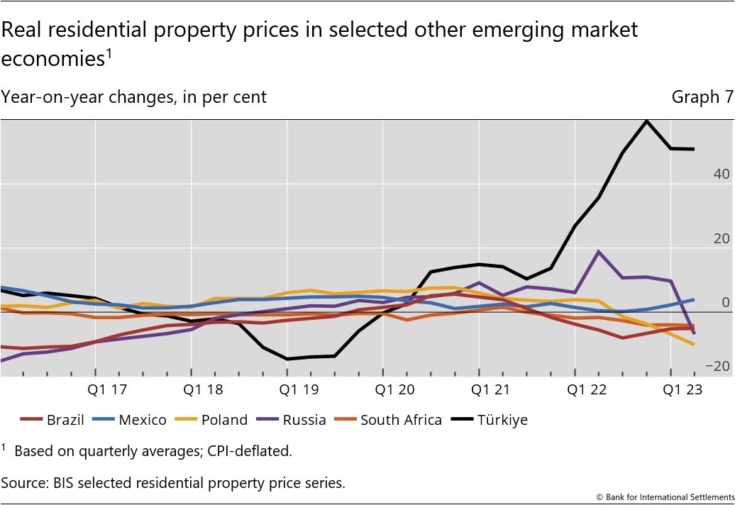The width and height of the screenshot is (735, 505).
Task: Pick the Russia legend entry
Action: click(x=294, y=420)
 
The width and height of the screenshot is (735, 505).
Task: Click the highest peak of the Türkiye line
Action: click(x=646, y=121)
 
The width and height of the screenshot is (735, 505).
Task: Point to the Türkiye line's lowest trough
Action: click(x=287, y=359)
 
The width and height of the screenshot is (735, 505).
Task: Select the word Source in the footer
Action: click(x=21, y=483)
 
